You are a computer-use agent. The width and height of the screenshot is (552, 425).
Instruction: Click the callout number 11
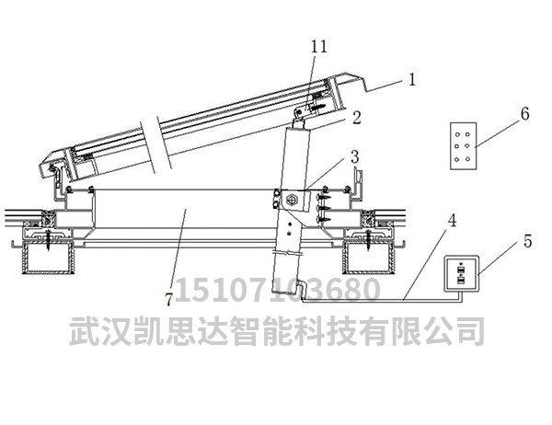coord(319,46)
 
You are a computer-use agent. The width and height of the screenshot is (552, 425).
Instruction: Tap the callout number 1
coord(412,79)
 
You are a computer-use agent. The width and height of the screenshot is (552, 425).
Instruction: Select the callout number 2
coord(357,117)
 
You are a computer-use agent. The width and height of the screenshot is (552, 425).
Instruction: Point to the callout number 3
coord(355,156)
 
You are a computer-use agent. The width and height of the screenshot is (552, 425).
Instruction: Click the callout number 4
coord(452,220)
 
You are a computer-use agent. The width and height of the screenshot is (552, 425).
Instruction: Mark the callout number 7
coord(169,300)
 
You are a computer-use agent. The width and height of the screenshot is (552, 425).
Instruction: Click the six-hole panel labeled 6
coord(464,145)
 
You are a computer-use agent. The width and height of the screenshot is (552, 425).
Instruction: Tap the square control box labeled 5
coord(462,274)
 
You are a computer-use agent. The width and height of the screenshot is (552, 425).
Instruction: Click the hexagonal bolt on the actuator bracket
coord(292,200)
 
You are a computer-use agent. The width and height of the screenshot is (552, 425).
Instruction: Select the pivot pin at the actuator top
coord(299,112)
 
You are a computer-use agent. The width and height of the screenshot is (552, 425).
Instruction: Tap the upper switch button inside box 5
coord(460,270)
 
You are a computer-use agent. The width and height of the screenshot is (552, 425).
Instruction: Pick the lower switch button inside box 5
coord(460,280)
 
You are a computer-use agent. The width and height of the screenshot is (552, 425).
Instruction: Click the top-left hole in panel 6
coord(457,134)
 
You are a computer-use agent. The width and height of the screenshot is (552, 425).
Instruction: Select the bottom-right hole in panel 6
coord(468,159)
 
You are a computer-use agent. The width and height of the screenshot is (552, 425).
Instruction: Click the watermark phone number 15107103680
coord(278,290)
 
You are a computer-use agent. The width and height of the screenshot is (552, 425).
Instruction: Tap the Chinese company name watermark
coord(277,330)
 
